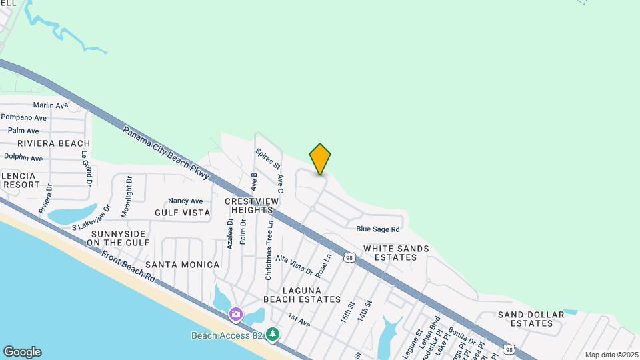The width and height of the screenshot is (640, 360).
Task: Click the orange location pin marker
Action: (320, 159)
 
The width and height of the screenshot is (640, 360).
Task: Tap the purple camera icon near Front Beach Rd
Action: (235, 314)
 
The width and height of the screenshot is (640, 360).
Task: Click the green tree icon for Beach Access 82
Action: (273, 333)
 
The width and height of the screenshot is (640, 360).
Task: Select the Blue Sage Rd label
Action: (377, 229)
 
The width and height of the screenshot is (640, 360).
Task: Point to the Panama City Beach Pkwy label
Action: (166, 153)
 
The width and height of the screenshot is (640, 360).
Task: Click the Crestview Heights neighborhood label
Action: (249, 205)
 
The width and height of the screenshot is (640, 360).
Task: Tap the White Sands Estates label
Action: (396, 253)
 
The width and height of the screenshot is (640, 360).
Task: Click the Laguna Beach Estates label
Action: (302, 295)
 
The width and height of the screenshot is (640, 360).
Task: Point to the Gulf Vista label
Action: (182, 213)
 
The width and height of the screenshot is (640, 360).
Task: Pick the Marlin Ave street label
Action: (51, 105)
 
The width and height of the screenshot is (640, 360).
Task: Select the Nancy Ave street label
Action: (185, 201)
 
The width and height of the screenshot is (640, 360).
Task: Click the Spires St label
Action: (269, 159)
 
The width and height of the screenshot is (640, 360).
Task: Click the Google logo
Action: (22, 352)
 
